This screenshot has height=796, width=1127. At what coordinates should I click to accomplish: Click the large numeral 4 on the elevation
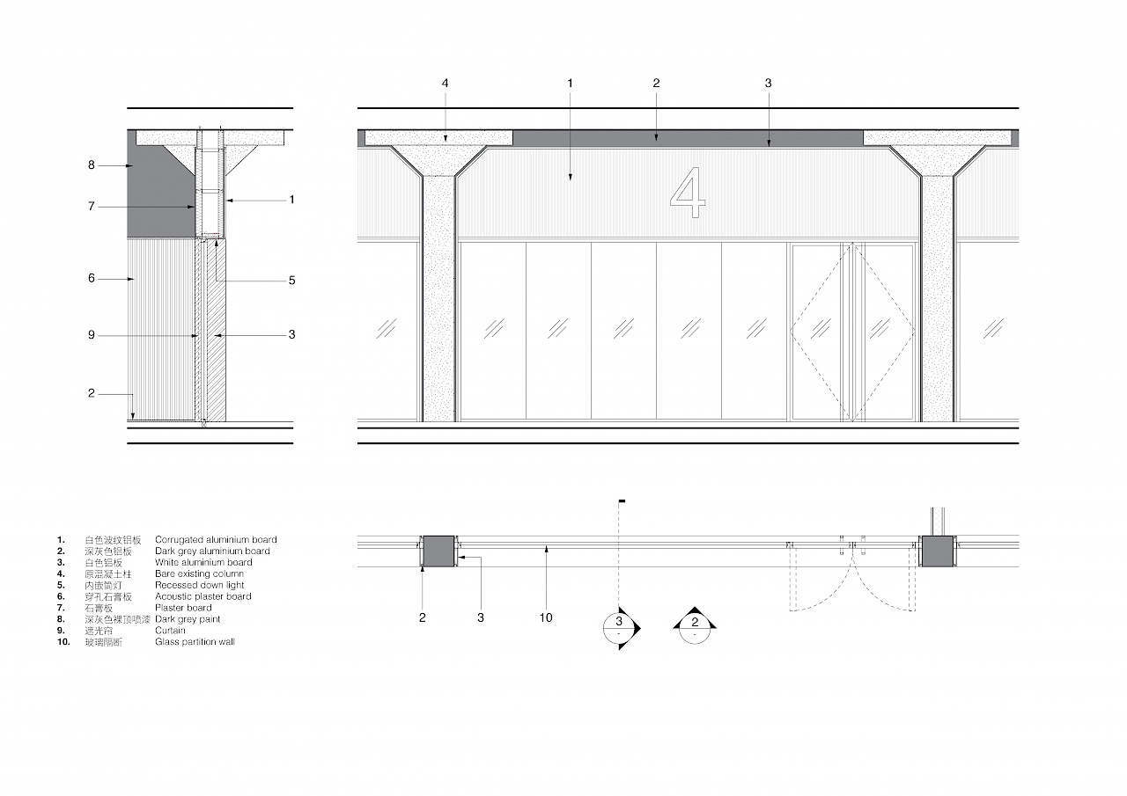[688, 193]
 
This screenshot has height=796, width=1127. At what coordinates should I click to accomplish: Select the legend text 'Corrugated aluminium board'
[216, 540]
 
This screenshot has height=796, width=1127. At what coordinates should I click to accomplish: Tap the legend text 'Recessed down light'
[199, 585]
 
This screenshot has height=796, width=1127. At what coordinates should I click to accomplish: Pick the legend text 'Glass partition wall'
[195, 642]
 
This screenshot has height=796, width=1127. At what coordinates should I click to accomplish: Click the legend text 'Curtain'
[170, 630]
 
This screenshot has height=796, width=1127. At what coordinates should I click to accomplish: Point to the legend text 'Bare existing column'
[199, 573]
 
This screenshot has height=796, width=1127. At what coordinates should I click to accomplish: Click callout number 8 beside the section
[91, 164]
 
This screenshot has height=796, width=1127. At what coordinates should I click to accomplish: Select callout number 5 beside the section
[291, 281]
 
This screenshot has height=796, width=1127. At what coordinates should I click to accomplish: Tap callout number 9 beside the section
[91, 335]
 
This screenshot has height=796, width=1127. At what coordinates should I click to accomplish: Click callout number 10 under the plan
[546, 617]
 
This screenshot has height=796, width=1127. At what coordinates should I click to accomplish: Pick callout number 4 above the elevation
[445, 83]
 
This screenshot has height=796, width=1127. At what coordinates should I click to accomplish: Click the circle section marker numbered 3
[619, 628]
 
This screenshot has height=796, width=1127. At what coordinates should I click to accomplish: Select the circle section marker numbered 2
[695, 628]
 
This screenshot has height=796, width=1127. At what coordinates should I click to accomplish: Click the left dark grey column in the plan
[438, 551]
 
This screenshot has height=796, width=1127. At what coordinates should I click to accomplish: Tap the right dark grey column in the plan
[938, 551]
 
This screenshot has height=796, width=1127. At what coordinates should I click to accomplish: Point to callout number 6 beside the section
[91, 278]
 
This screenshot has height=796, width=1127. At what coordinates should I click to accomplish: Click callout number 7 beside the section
[91, 206]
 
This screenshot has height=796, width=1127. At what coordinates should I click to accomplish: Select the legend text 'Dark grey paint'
[188, 619]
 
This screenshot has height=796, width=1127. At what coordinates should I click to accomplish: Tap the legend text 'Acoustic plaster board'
[203, 596]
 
